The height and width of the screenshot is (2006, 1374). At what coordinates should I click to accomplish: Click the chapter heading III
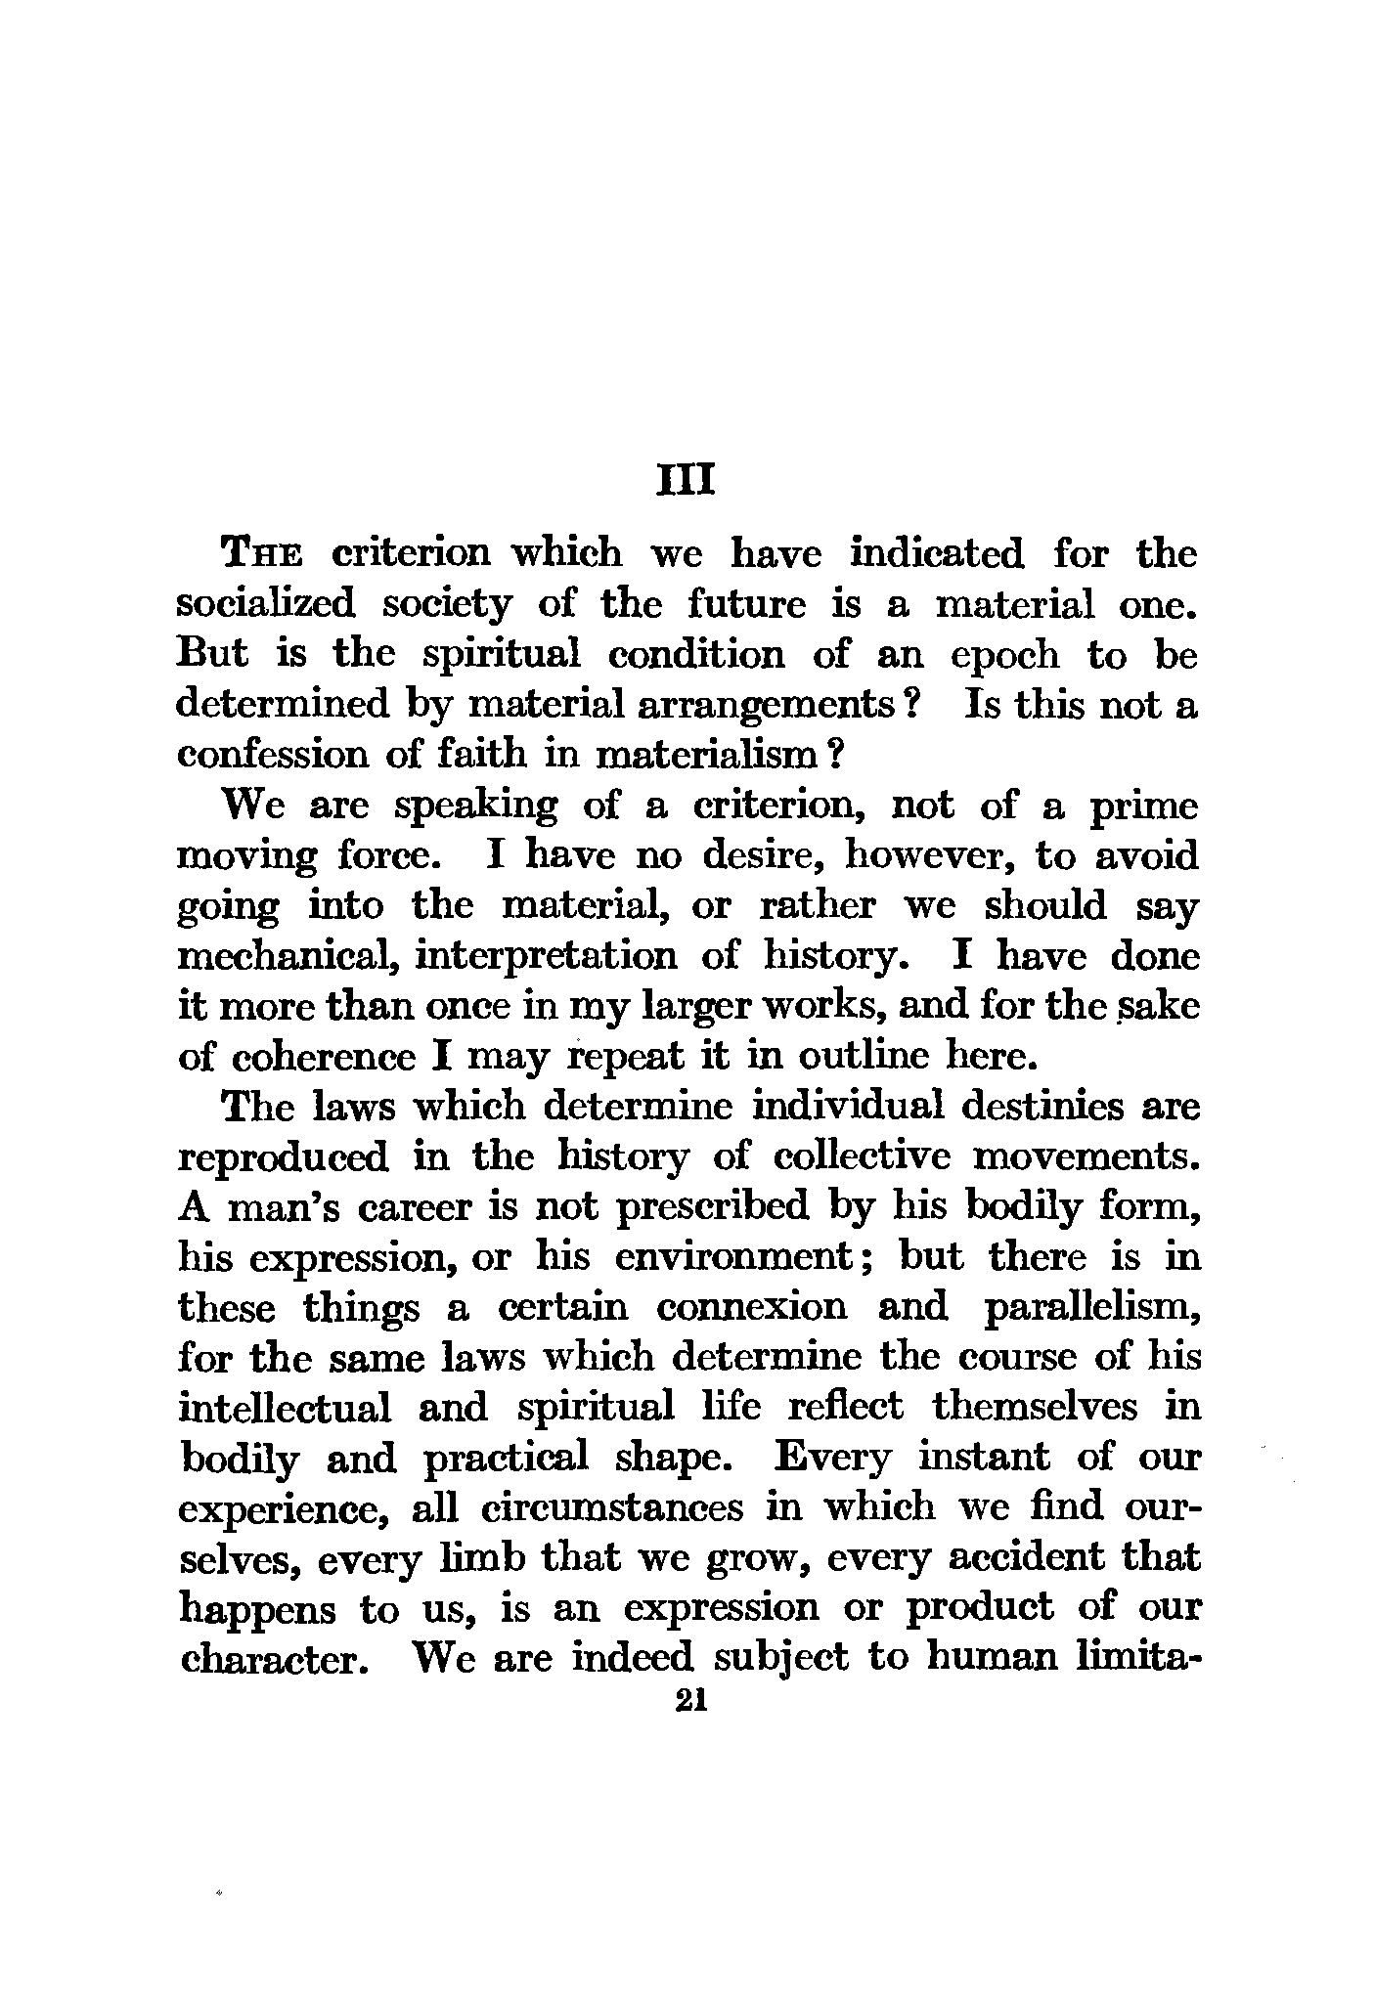click(x=687, y=482)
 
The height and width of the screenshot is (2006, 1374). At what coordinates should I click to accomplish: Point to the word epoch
click(x=1004, y=655)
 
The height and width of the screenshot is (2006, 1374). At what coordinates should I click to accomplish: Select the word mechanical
click(x=285, y=956)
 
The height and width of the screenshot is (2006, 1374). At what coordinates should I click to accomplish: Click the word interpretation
click(x=546, y=956)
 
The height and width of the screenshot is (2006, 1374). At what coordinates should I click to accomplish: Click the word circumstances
click(x=613, y=1508)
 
